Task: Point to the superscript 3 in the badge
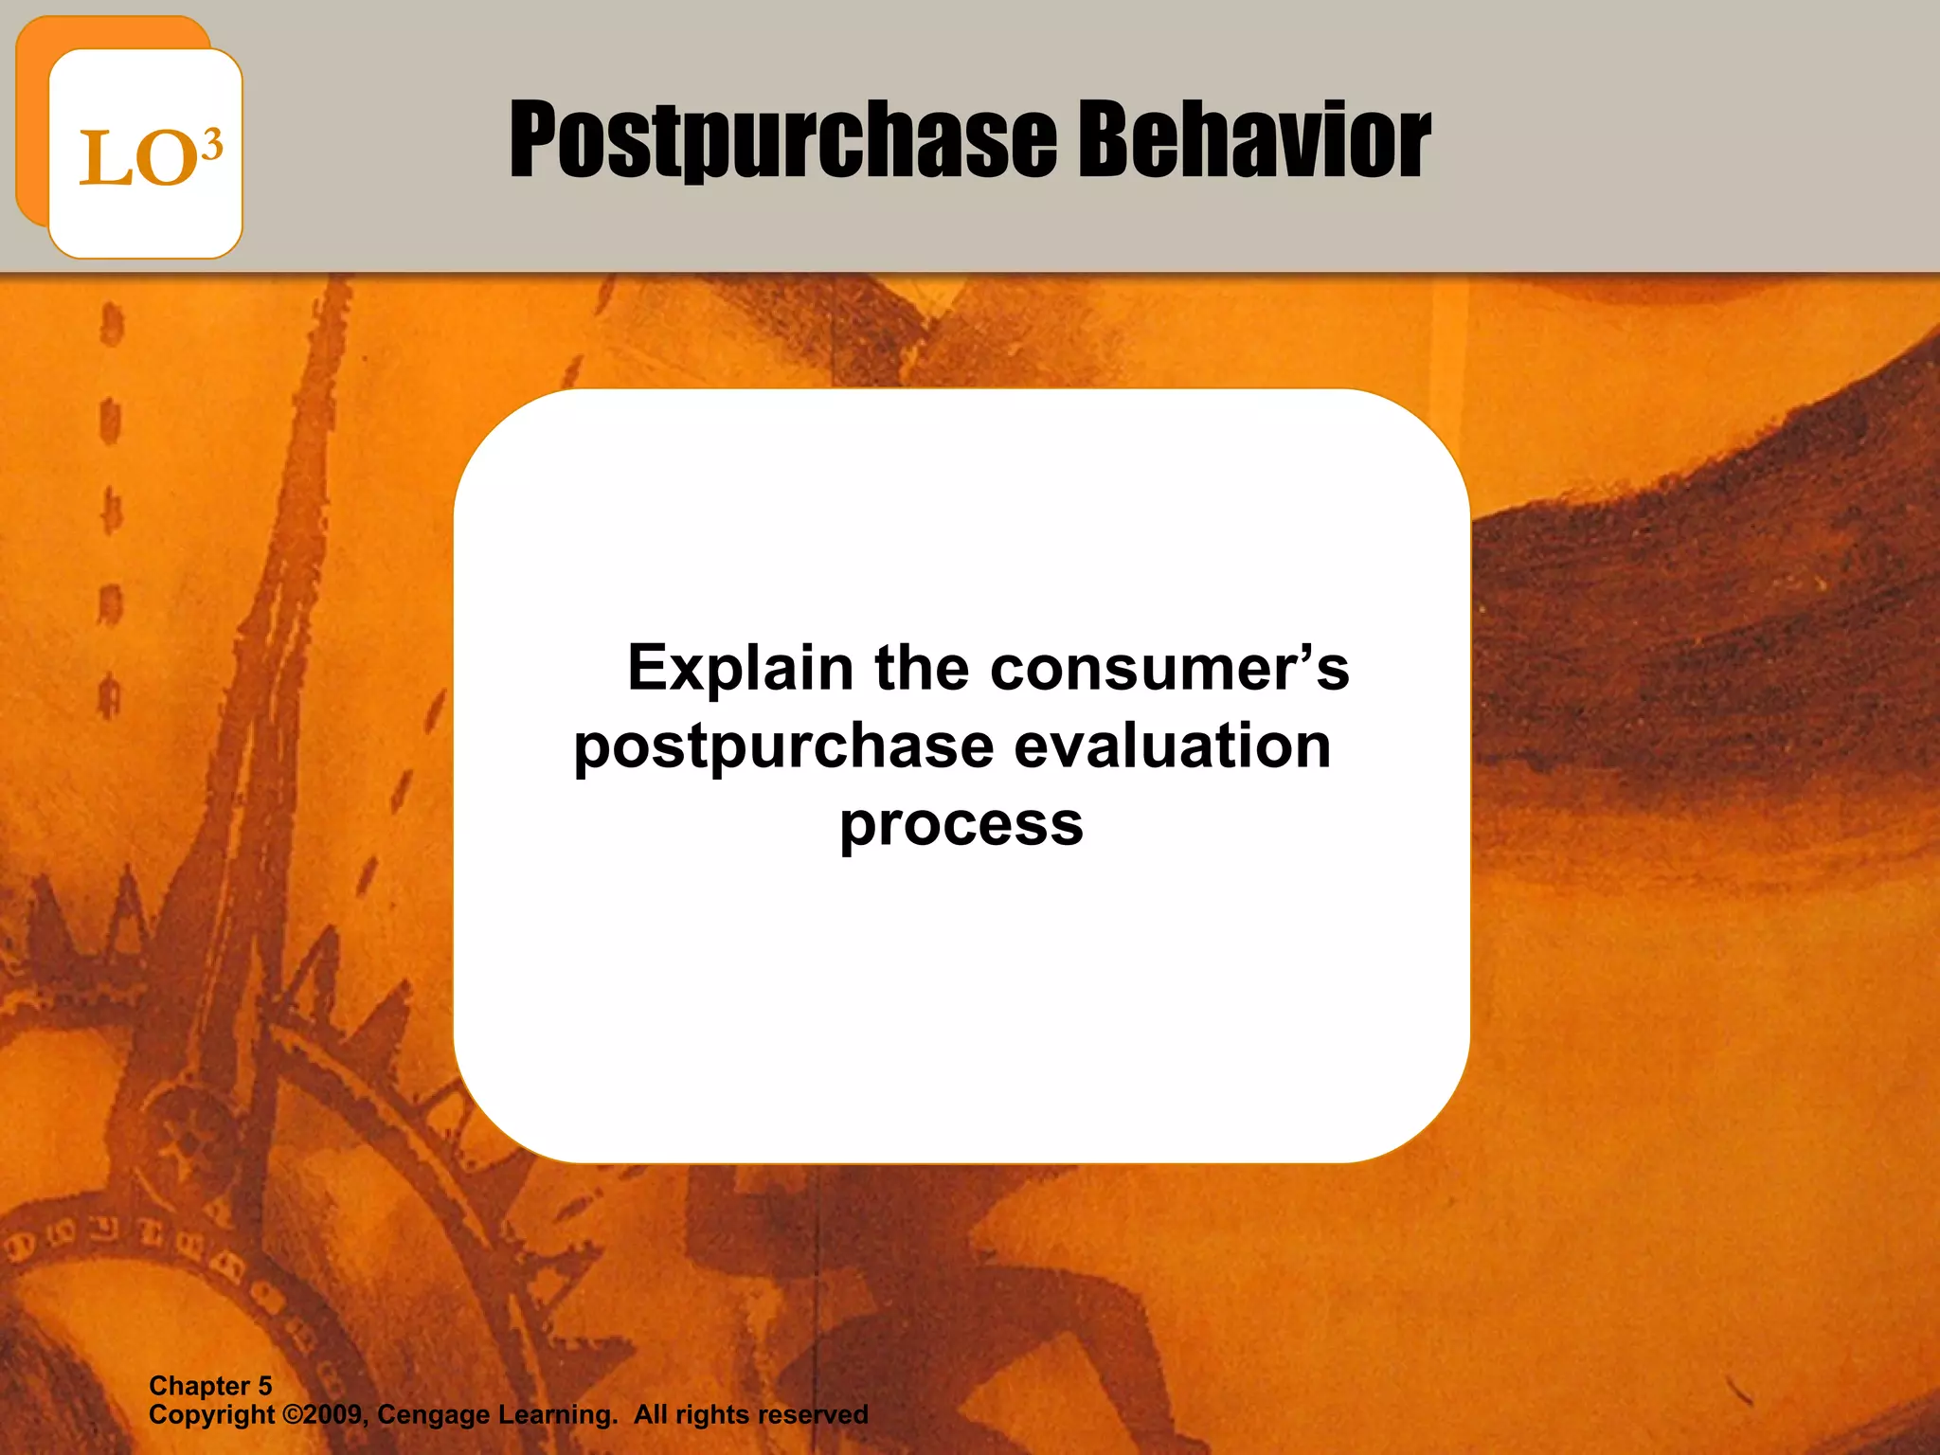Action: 213,145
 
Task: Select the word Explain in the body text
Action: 740,669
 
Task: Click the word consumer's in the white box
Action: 1169,669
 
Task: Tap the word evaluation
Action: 1173,746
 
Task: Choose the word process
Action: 961,825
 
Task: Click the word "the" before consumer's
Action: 922,669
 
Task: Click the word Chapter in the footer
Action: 199,1386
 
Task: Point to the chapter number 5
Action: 265,1386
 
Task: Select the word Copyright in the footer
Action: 211,1415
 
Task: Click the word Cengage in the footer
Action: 433,1415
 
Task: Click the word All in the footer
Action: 651,1415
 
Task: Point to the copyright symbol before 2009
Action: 293,1415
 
